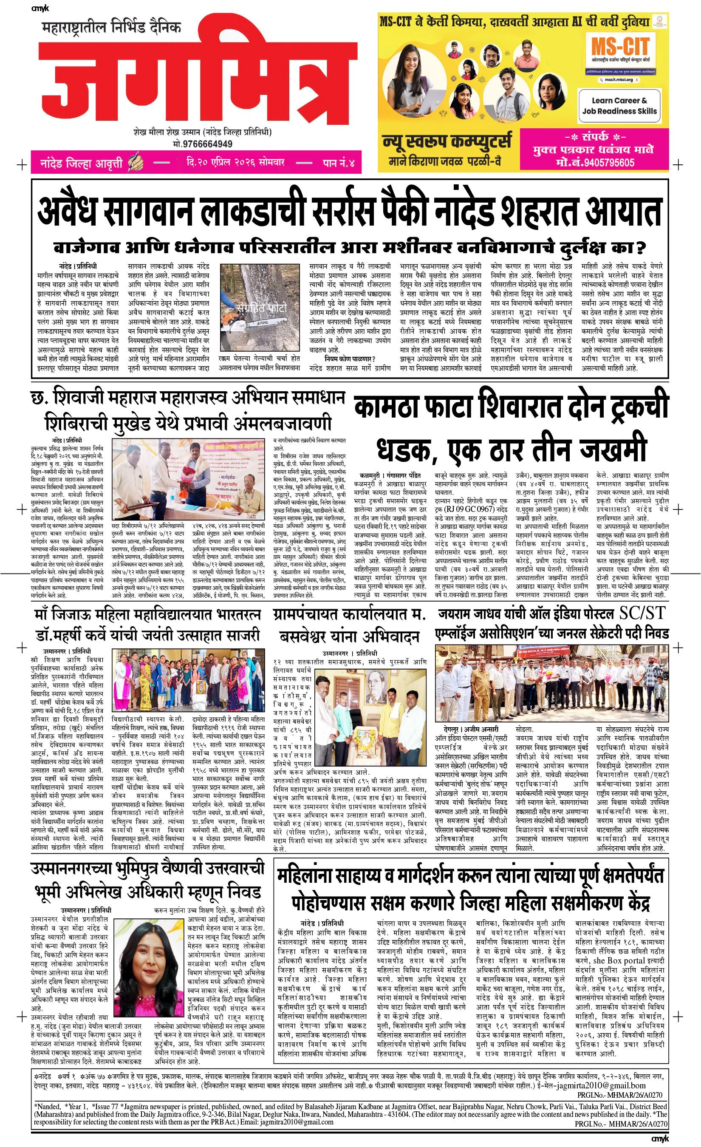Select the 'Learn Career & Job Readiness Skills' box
coord(619,106)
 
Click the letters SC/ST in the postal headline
coord(643,613)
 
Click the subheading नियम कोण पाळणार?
coord(350,358)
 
